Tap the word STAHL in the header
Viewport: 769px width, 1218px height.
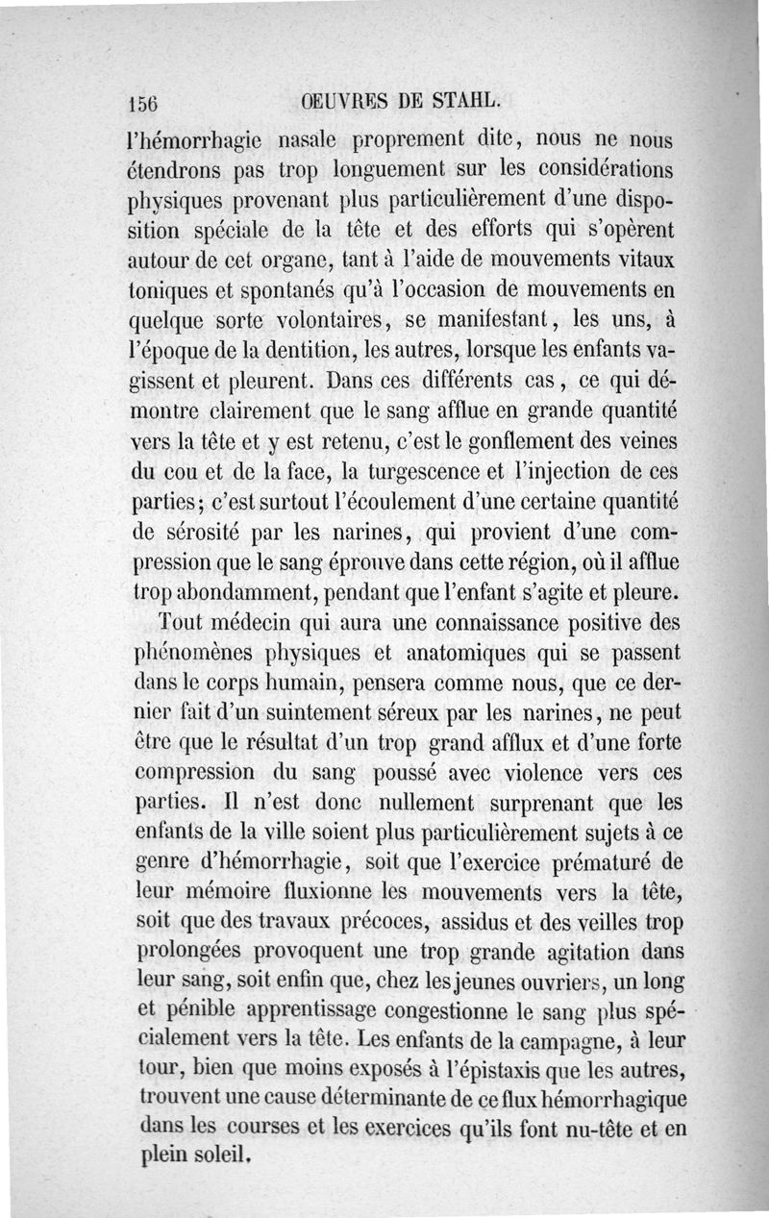[469, 100]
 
